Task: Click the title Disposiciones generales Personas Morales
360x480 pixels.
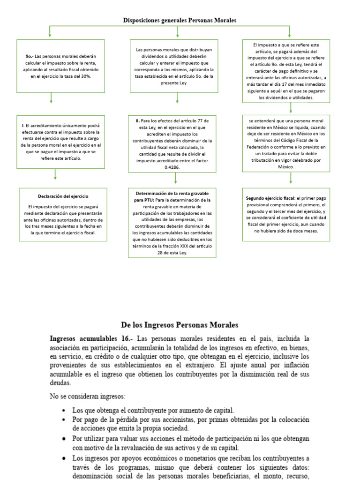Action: coord(180,20)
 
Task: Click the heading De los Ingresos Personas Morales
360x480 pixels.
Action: coord(180,324)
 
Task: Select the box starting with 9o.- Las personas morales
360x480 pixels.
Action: coord(60,66)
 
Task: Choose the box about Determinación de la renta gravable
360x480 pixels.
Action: coord(172,223)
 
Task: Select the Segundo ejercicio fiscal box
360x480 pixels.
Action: coord(289,214)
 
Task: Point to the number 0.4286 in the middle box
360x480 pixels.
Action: coord(172,166)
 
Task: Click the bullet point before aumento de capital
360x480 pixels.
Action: coord(63,410)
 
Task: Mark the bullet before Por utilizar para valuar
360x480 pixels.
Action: coord(63,439)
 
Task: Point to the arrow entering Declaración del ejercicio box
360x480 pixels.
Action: coord(55,175)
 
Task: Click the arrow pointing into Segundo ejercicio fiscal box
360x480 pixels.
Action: coord(291,178)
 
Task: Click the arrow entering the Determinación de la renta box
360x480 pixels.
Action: coord(175,179)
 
